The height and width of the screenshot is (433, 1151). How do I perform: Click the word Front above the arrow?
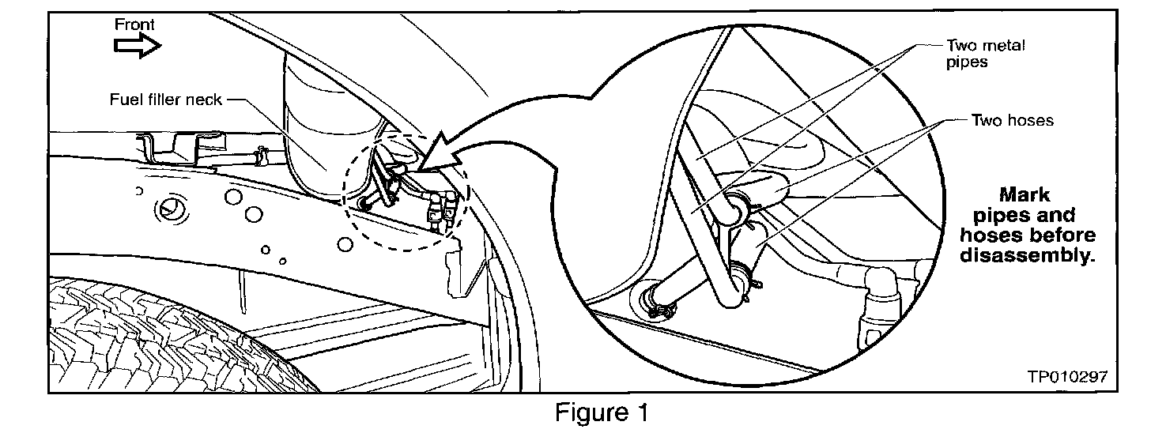(x=134, y=24)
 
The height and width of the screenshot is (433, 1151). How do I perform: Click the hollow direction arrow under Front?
(x=138, y=48)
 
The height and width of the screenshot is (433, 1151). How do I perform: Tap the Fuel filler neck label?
(x=166, y=100)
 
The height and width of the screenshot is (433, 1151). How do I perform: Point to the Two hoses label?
(x=1013, y=120)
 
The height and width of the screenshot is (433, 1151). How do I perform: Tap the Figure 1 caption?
(x=602, y=412)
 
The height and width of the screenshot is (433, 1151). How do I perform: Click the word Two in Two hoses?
(x=985, y=120)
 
